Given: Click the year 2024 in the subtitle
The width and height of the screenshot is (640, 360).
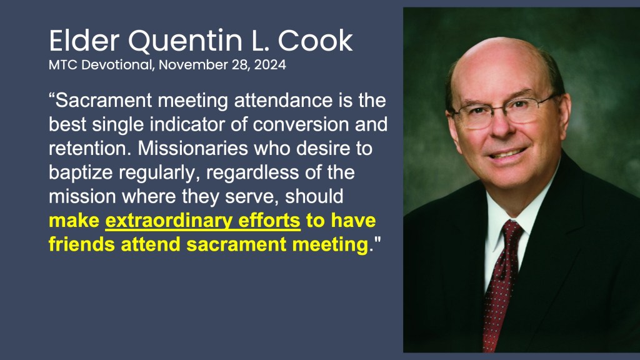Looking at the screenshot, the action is [270, 64].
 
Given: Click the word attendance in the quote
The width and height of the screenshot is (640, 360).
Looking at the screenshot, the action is [283, 101].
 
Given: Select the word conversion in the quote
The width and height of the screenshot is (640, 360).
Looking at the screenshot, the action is [301, 124].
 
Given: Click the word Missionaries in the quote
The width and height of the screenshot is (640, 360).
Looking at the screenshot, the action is [193, 148].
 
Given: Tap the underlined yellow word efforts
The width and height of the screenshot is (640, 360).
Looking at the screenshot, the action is [269, 221].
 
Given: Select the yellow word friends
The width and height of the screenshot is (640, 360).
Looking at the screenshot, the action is [82, 244].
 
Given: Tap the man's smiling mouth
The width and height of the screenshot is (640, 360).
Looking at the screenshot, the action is [508, 154].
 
